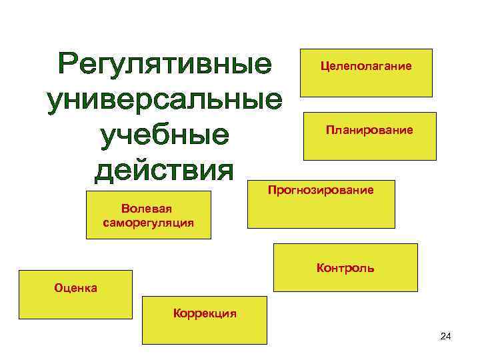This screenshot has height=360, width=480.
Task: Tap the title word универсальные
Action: click(x=165, y=101)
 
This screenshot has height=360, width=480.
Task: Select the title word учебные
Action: click(x=165, y=137)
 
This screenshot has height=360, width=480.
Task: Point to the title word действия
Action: click(x=165, y=171)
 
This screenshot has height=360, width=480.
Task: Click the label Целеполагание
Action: click(x=366, y=66)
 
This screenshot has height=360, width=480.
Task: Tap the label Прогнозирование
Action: click(x=321, y=191)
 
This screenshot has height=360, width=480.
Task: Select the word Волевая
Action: click(x=149, y=209)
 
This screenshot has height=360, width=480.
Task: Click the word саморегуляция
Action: click(x=149, y=223)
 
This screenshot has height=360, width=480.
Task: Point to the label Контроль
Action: click(x=345, y=269)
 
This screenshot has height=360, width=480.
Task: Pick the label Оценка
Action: click(x=75, y=288)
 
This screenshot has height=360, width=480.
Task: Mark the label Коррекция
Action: click(x=205, y=313)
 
